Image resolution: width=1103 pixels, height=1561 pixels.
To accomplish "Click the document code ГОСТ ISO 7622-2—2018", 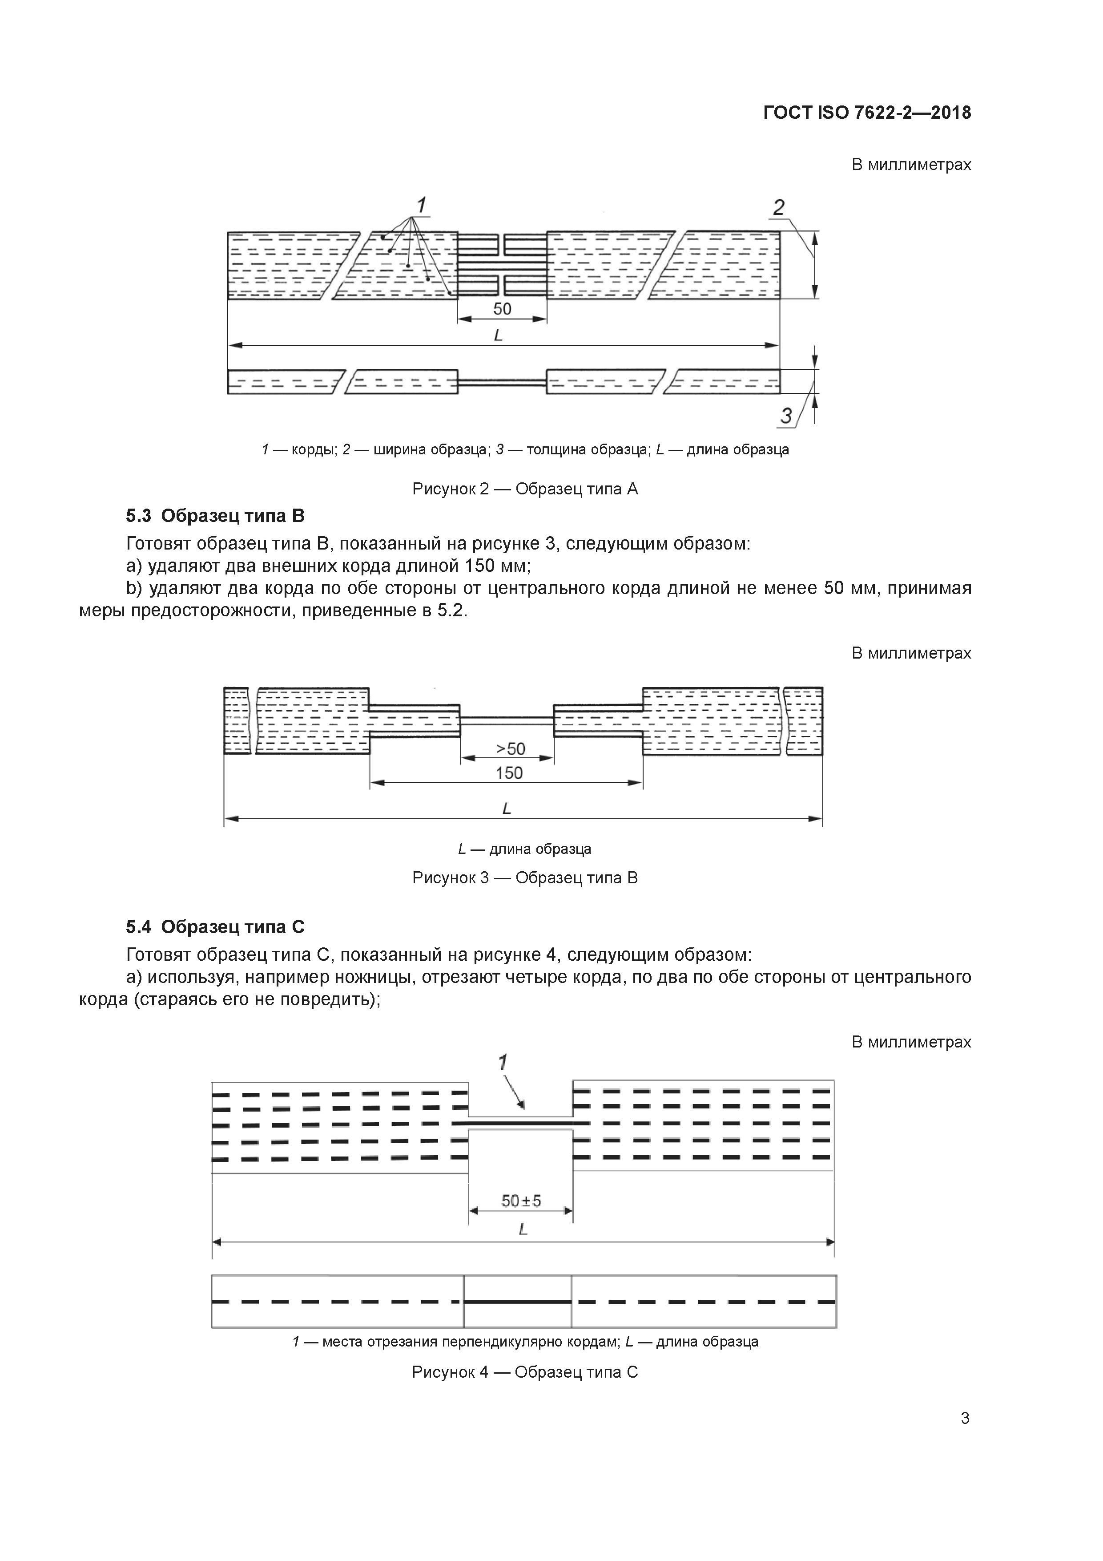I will click(x=867, y=113).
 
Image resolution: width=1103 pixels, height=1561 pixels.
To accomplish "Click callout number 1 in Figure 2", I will click(x=421, y=205).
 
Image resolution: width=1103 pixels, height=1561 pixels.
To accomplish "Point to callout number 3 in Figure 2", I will click(x=786, y=416).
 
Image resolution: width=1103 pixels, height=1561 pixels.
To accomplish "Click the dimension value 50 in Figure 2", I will click(x=502, y=309).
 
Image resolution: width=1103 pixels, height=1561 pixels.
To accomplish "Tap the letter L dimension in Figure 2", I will click(x=498, y=335).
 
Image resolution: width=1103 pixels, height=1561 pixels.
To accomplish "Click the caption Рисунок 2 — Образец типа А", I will click(x=525, y=489).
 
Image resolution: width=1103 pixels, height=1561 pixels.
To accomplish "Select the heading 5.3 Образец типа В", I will click(x=215, y=516).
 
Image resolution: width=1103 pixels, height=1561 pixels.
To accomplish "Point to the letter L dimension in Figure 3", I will click(x=506, y=809).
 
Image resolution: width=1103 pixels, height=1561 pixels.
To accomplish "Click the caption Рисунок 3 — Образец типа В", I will click(x=525, y=878).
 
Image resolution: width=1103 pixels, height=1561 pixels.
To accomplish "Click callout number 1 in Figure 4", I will click(x=503, y=1063).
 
